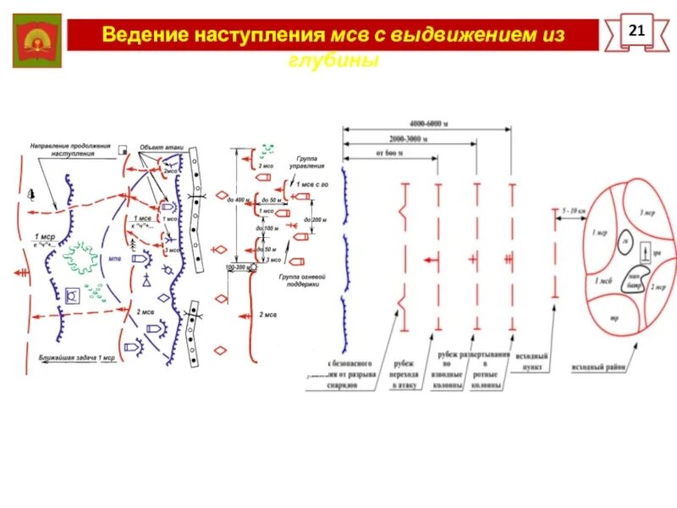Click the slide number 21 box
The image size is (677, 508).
click(x=637, y=32)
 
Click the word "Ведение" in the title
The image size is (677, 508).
click(x=143, y=36)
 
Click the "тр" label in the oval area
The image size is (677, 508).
click(x=614, y=318)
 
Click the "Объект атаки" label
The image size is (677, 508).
click(x=161, y=146)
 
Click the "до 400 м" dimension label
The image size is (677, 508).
click(x=239, y=199)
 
